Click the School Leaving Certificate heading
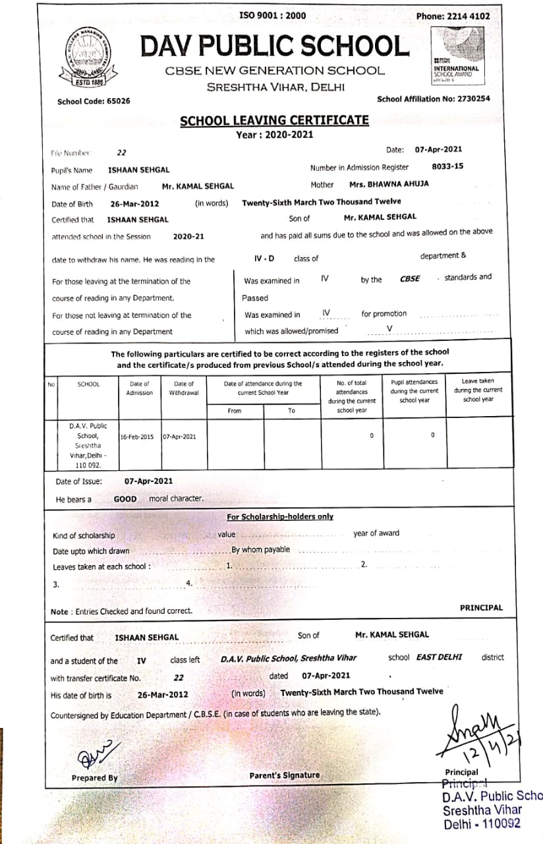point(274,121)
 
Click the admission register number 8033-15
point(447,167)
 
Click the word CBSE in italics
point(410,279)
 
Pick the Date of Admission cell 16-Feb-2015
point(137,437)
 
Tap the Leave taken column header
point(478,390)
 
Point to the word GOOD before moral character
point(125,499)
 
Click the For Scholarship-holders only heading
point(280,517)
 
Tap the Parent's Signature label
point(285,775)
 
